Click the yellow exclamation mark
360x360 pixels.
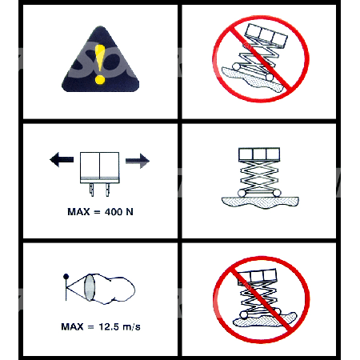[100, 64]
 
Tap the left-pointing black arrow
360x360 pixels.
[62, 159]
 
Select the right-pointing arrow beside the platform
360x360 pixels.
[138, 161]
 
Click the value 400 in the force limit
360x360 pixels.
[114, 212]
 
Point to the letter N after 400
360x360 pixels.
[130, 212]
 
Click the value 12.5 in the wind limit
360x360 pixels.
[109, 326]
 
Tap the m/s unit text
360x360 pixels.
[131, 327]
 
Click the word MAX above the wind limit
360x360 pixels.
[72, 326]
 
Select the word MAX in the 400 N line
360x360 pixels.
[78, 212]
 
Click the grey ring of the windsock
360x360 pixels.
[90, 288]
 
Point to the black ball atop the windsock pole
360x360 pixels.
[66, 276]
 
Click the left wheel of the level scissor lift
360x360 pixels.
[242, 193]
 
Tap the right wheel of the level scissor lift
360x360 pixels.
[277, 193]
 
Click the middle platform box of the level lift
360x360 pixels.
[259, 154]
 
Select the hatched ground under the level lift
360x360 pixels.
[260, 202]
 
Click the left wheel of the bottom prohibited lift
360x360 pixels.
[243, 314]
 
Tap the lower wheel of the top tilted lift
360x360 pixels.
[270, 78]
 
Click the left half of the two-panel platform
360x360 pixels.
[90, 165]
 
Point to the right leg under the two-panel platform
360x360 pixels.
[107, 190]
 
